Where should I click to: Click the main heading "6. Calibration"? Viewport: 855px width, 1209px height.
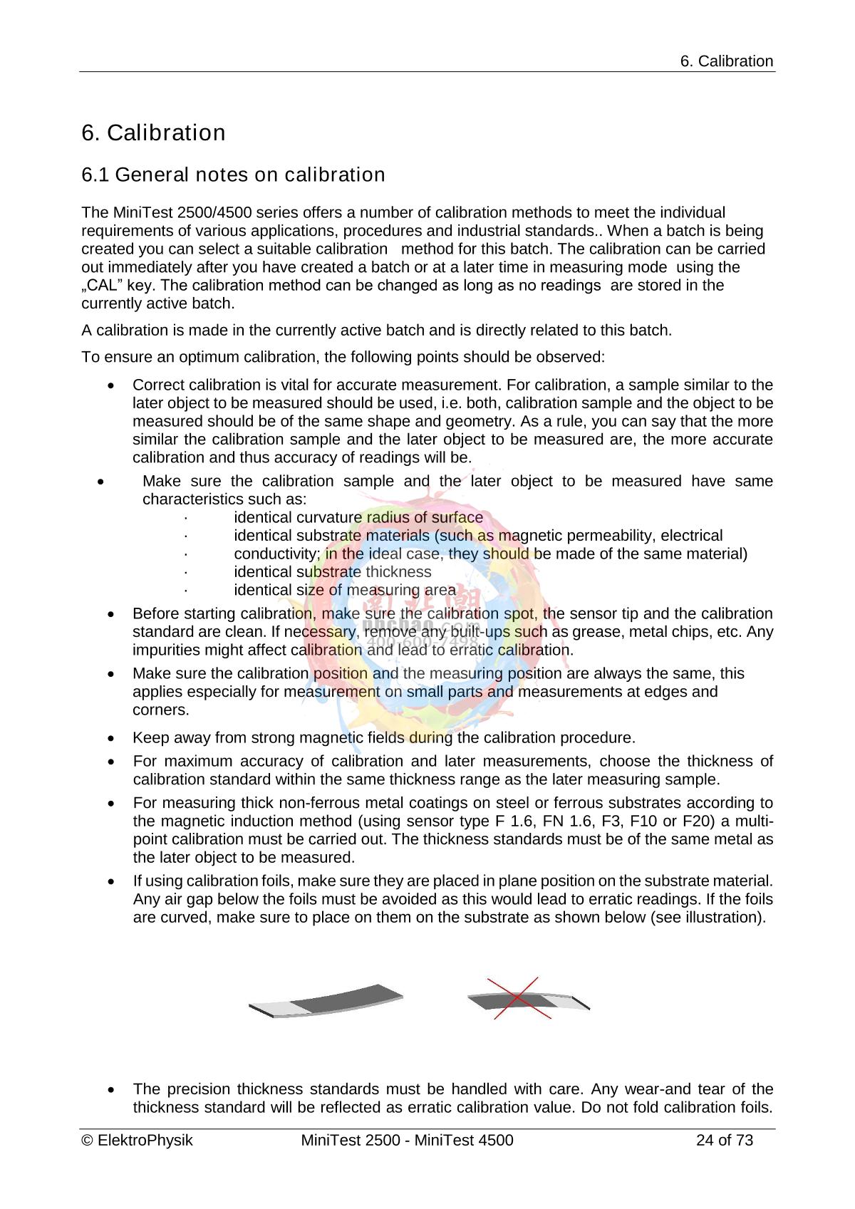(x=153, y=133)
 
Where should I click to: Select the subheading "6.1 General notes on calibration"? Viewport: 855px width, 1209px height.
(x=233, y=175)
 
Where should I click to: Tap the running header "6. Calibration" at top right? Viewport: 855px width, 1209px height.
(x=726, y=61)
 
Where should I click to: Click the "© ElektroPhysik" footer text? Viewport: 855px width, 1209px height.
(x=137, y=1141)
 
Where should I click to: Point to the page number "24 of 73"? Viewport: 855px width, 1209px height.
(x=724, y=1141)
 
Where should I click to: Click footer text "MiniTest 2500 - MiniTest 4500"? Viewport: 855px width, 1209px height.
(x=407, y=1141)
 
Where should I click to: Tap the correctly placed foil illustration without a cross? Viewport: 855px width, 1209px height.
(x=326, y=1001)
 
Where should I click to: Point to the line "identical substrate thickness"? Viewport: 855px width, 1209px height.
(x=332, y=572)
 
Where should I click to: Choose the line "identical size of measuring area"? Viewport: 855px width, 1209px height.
(x=344, y=591)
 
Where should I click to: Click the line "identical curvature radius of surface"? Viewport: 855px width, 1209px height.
(x=358, y=517)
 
